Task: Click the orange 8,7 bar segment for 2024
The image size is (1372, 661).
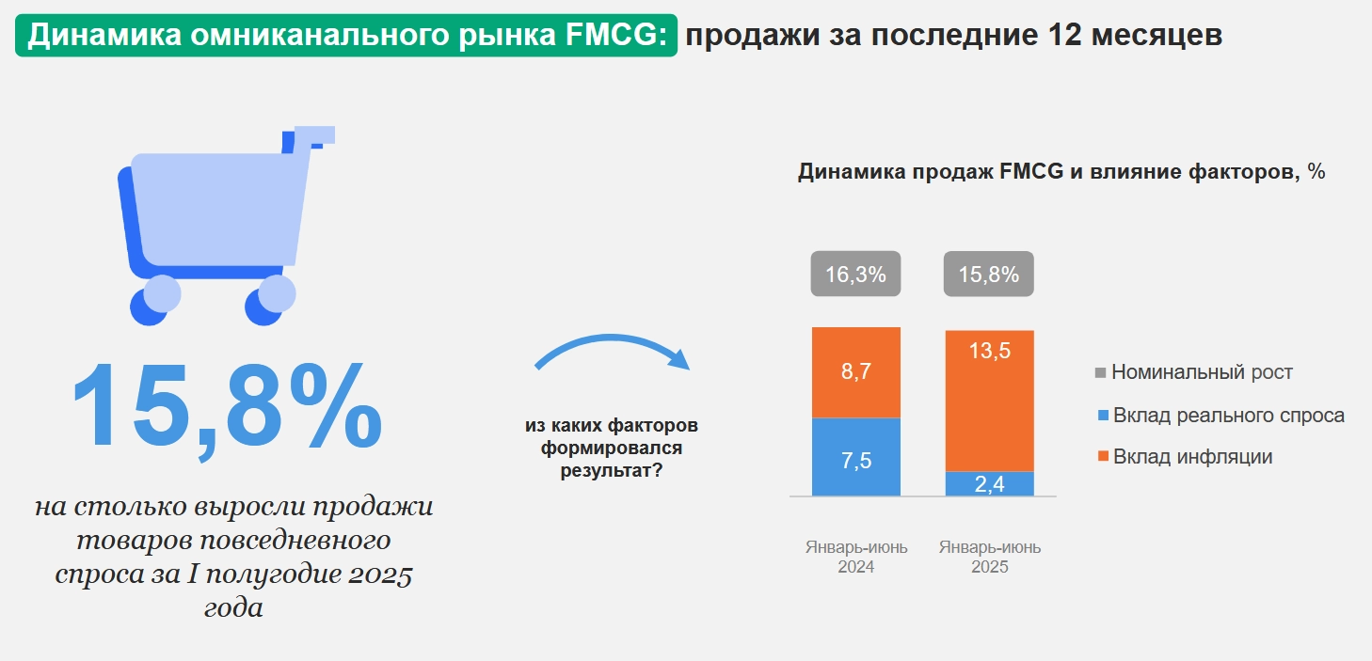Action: (856, 372)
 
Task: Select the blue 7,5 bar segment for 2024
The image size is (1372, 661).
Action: (856, 457)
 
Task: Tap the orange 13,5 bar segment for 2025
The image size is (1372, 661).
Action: (989, 401)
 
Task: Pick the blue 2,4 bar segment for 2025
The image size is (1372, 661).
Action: (989, 483)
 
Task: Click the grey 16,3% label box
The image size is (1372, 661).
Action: (856, 275)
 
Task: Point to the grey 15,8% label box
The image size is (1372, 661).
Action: (989, 275)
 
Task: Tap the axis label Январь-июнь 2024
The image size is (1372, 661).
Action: (856, 557)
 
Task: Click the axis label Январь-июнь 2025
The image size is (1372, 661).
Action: (989, 557)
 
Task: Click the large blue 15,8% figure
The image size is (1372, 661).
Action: (226, 406)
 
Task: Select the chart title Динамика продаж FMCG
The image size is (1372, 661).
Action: (1061, 172)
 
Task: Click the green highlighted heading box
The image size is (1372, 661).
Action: (346, 36)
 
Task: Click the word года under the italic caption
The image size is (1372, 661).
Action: (233, 607)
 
